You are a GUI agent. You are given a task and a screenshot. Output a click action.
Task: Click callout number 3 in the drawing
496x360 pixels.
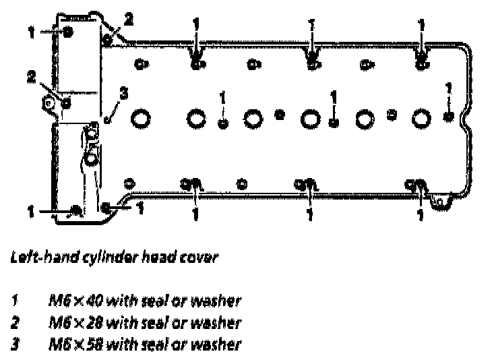122,94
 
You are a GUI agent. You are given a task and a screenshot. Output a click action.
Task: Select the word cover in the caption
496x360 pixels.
200,258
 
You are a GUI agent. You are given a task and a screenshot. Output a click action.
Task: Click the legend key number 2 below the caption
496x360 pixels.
15,322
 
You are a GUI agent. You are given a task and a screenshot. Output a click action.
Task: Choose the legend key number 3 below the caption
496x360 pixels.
15,344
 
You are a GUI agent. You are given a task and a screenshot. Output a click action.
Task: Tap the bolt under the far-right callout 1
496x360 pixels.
448,117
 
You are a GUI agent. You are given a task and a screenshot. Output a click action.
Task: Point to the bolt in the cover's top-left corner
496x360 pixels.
68,32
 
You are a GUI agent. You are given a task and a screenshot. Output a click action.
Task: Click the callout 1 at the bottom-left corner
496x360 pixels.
30,212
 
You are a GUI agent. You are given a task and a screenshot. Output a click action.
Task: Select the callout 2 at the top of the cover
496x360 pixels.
128,19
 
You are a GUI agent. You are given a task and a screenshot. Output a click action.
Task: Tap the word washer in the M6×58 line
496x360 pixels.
220,344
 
